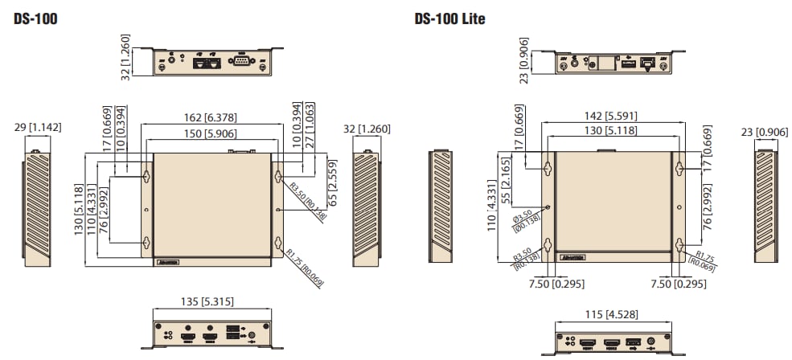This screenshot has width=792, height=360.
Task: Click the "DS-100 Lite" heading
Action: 449,18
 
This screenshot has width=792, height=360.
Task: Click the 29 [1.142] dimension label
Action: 39,127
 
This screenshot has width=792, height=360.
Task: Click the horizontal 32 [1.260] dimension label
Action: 371,127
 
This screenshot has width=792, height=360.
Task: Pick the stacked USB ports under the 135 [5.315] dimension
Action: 232,332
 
